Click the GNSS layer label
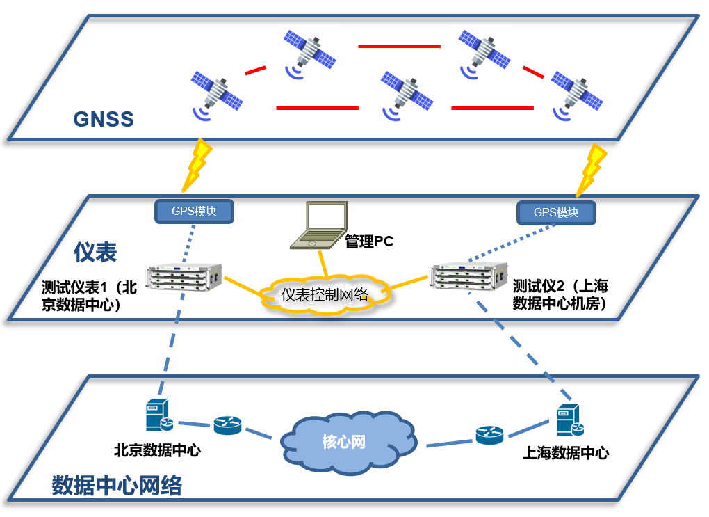(x=104, y=118)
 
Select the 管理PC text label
(x=369, y=242)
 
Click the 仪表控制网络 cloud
(x=325, y=295)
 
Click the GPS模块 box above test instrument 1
(x=194, y=211)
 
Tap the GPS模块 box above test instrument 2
(x=556, y=212)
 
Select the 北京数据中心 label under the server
(x=158, y=451)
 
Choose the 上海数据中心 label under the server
(x=566, y=454)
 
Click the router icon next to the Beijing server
(x=227, y=425)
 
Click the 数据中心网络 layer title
(x=117, y=486)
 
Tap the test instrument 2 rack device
(x=464, y=277)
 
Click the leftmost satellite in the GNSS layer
(x=216, y=93)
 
